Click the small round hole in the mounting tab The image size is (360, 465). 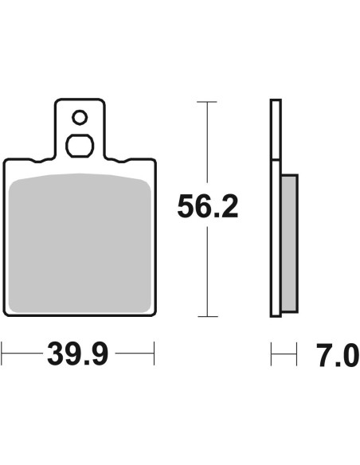80,117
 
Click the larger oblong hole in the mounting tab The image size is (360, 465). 80,146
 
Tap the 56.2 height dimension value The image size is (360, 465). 208,206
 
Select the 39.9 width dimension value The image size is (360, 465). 78,354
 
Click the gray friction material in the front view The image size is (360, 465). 80,243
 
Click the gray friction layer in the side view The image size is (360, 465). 289,243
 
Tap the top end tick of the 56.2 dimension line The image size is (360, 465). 207,102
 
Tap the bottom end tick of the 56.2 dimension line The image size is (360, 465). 208,316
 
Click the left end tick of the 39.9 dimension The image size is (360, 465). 2,354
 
